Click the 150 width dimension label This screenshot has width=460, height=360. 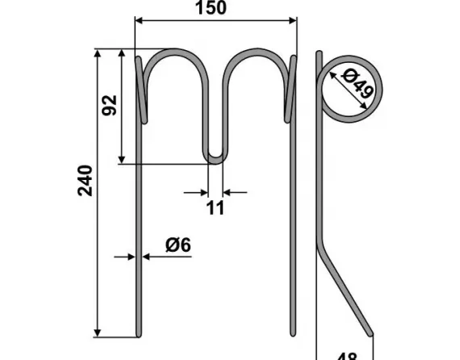[x=212, y=8]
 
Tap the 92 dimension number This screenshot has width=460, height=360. [x=109, y=105]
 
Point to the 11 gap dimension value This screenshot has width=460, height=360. [x=215, y=209]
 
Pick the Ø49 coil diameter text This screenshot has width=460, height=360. [x=356, y=87]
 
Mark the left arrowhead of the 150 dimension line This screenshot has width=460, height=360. [x=138, y=21]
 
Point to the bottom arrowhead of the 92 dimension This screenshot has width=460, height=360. [x=122, y=160]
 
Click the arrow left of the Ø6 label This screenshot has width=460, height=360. [x=130, y=257]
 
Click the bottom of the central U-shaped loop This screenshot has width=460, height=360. [x=216, y=161]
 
